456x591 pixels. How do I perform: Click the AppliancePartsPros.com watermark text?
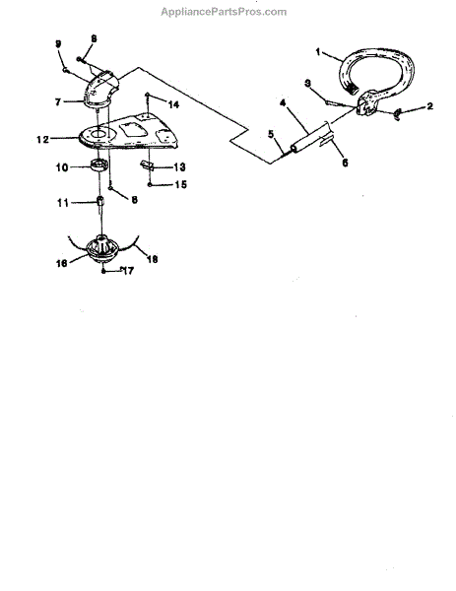point(224,12)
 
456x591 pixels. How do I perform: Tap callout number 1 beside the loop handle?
point(318,52)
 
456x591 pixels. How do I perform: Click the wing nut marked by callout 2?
point(397,113)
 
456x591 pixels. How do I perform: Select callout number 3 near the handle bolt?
point(308,84)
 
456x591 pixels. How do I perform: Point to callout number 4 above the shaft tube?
point(283,102)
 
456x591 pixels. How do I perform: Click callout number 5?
point(271,134)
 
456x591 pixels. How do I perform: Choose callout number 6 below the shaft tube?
point(345,163)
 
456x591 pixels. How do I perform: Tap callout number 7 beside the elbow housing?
point(58,102)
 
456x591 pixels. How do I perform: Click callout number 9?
point(58,44)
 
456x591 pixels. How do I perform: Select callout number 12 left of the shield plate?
point(42,140)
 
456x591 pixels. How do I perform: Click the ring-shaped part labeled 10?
point(99,165)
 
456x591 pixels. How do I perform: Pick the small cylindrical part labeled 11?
point(100,201)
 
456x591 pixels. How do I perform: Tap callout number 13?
point(179,167)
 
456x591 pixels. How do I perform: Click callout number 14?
point(173,104)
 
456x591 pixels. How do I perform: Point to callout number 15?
point(180,185)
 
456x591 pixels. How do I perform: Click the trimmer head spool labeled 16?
point(102,248)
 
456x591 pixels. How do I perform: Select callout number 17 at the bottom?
point(128,271)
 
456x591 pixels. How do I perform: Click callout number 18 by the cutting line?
point(152,259)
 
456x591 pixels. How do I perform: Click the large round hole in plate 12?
point(100,133)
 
